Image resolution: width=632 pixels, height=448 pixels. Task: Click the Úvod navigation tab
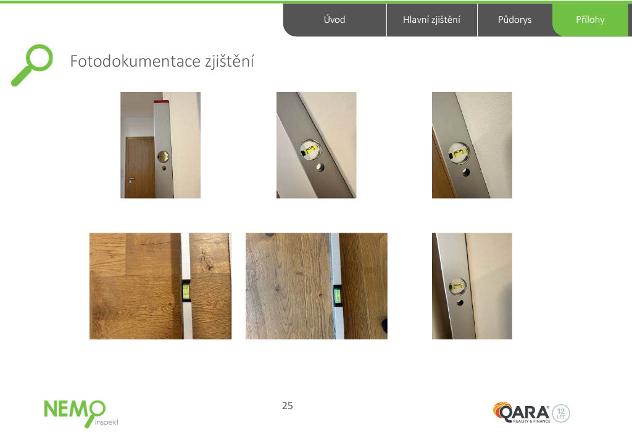[335, 20]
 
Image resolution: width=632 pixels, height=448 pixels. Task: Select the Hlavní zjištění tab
[431, 20]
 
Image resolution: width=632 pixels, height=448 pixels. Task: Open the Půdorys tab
[515, 20]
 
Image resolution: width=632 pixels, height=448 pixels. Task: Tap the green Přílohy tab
[590, 20]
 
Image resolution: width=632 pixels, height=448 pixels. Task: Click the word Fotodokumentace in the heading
[135, 61]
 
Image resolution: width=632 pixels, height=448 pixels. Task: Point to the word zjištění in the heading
[230, 62]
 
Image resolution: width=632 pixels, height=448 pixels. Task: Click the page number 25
[288, 405]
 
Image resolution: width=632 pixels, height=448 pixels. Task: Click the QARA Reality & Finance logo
[522, 413]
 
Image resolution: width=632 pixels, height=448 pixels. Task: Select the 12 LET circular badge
[560, 413]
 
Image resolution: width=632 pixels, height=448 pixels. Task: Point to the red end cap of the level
[161, 102]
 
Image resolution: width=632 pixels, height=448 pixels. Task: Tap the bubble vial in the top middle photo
[310, 151]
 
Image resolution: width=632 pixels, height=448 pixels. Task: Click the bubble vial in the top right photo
[459, 153]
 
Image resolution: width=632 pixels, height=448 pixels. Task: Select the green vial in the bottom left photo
[186, 291]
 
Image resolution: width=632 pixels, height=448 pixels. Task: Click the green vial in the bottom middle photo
[337, 294]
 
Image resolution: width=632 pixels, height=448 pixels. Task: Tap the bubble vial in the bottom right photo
[457, 287]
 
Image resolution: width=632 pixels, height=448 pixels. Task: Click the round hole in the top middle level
[320, 167]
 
